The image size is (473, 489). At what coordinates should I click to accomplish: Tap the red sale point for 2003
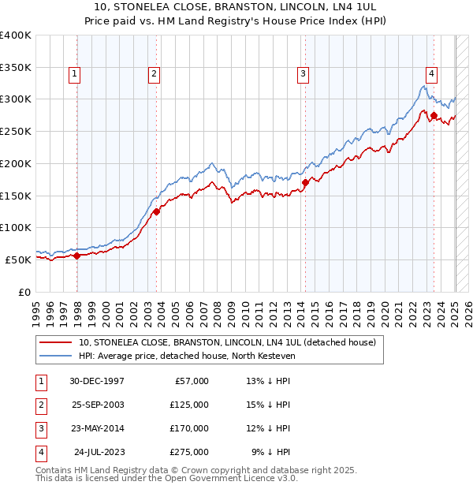[157, 211]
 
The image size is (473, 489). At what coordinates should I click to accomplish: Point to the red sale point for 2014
[305, 182]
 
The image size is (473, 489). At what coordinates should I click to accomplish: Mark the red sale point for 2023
[434, 115]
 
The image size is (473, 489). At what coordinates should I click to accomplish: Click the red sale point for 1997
[77, 255]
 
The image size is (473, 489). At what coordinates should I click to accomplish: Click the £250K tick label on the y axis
[16, 131]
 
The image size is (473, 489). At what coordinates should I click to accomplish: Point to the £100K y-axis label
[16, 227]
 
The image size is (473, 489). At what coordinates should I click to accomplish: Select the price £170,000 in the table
[188, 428]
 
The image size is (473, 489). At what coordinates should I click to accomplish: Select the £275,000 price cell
[188, 452]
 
